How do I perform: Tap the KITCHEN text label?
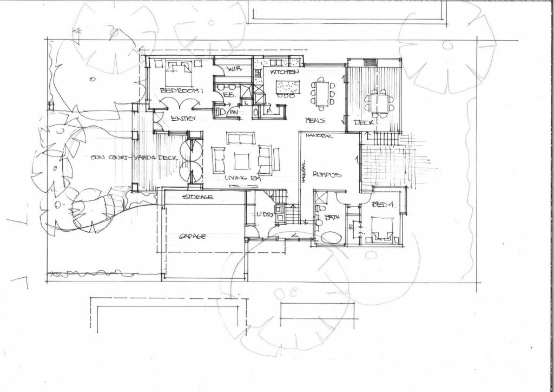coord(285,72)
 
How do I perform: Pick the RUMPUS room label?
coord(326,174)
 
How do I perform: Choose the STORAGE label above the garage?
coord(197,197)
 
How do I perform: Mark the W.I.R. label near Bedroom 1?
coord(234,70)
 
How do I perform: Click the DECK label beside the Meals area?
coord(361,122)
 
